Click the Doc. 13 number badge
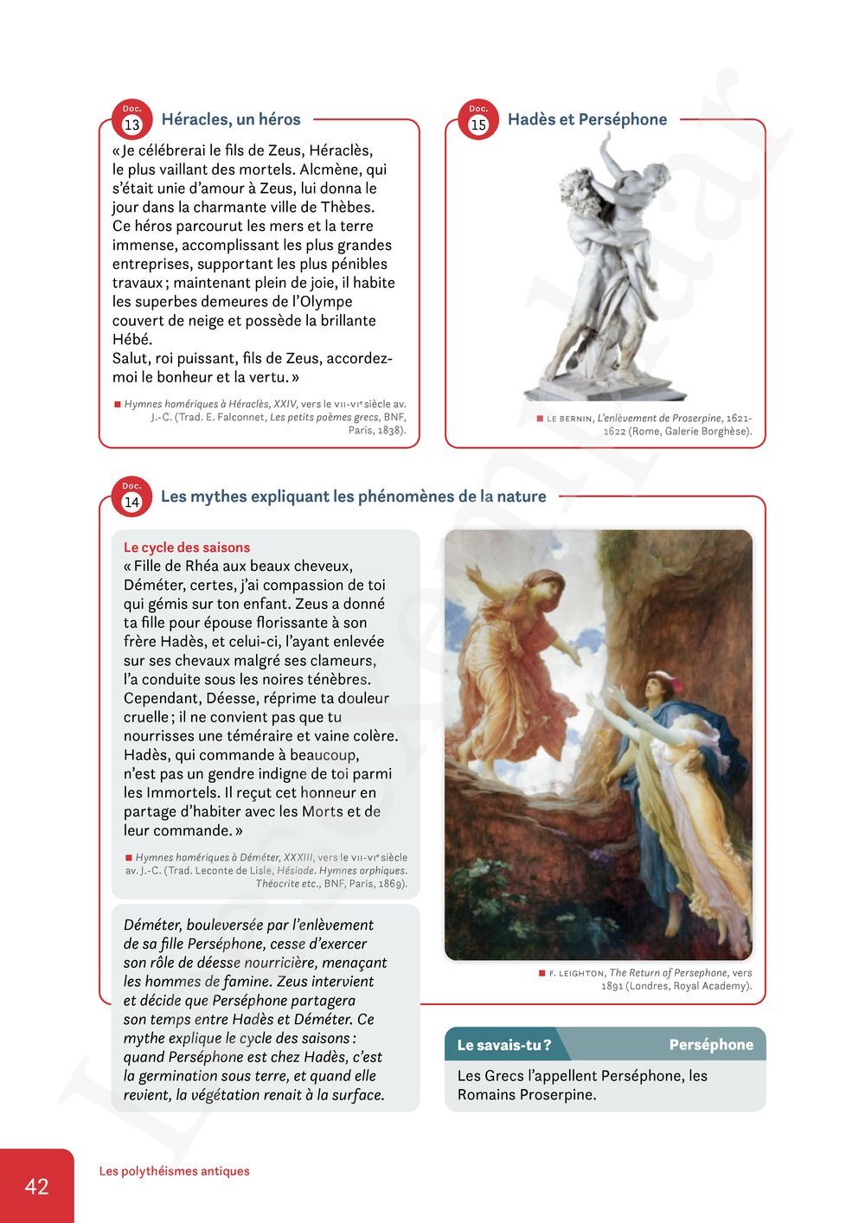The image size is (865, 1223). [131, 124]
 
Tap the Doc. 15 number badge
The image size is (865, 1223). [478, 124]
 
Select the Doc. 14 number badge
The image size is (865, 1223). [131, 501]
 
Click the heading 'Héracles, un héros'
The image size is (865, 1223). [231, 119]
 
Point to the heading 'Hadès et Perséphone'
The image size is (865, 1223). [587, 119]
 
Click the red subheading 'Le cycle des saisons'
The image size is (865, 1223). [187, 547]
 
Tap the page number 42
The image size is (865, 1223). [36, 1186]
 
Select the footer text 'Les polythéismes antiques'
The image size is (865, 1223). [174, 1171]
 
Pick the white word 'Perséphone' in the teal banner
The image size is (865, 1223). [711, 1045]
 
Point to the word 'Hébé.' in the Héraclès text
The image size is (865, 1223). [132, 339]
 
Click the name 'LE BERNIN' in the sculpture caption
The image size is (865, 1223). [570, 419]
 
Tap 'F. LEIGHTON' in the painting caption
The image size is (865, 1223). [576, 973]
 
